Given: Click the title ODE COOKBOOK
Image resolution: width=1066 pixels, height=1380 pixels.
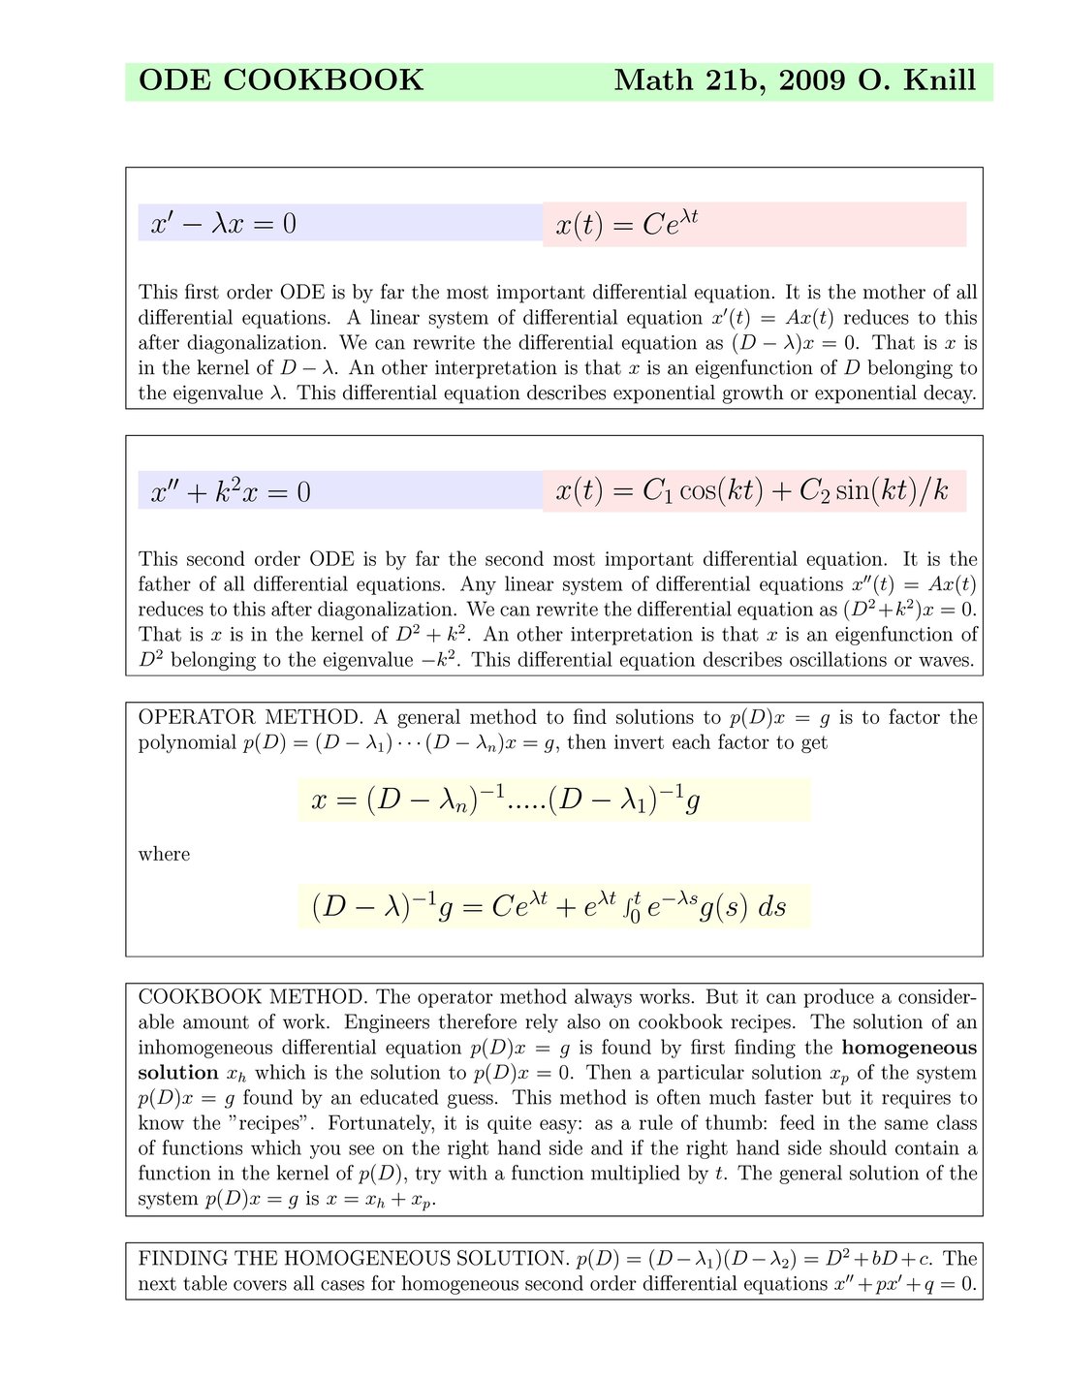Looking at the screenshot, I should pyautogui.click(x=281, y=80).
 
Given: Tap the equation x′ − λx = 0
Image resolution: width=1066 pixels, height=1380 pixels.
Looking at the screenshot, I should pyautogui.click(x=224, y=224).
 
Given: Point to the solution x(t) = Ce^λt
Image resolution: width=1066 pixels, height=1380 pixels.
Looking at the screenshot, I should pyautogui.click(x=627, y=225).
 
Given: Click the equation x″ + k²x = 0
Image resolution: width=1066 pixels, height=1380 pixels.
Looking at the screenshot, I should pyautogui.click(x=231, y=491).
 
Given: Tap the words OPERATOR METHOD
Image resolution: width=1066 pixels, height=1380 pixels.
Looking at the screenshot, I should pyautogui.click(x=250, y=718).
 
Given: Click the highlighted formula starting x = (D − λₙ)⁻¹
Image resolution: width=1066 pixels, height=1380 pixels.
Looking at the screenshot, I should pyautogui.click(x=506, y=800).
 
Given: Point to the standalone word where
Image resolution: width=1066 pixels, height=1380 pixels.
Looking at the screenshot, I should pyautogui.click(x=164, y=855).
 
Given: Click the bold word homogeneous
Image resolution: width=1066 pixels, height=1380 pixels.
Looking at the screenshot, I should pyautogui.click(x=909, y=1048).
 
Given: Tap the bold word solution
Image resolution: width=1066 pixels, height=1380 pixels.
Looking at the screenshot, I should pyautogui.click(x=178, y=1073).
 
